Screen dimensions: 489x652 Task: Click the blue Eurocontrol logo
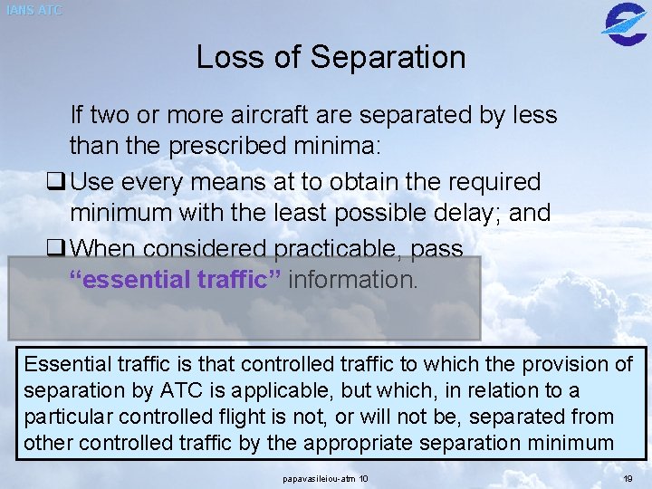(x=624, y=21)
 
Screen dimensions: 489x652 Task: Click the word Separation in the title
(x=388, y=57)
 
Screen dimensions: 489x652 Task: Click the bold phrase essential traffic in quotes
(x=178, y=279)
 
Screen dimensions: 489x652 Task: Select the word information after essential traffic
(x=353, y=279)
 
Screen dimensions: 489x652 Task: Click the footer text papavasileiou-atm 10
(x=325, y=477)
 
